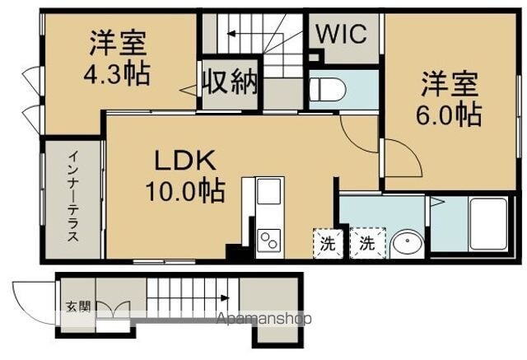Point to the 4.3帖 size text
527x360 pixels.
[x=116, y=75]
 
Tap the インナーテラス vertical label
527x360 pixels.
[x=72, y=195]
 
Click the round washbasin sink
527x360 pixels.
[x=405, y=244]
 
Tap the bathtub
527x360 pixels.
[x=491, y=224]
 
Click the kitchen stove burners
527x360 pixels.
[x=269, y=239]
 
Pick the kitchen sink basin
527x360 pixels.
[x=269, y=194]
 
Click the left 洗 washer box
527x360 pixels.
[x=328, y=244]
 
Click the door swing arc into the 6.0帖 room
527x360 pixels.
[x=397, y=156]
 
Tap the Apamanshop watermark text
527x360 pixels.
[x=263, y=318]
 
